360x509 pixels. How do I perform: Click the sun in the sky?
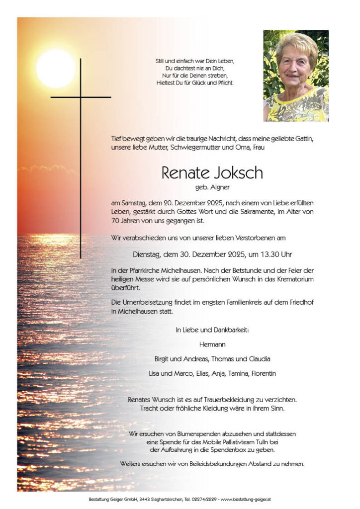click(x=55, y=68)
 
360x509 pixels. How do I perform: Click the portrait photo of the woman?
click(x=296, y=76)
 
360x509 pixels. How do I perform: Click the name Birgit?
click(x=164, y=359)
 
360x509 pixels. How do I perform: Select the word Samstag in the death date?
click(x=133, y=203)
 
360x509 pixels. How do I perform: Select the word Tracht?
click(x=150, y=408)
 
